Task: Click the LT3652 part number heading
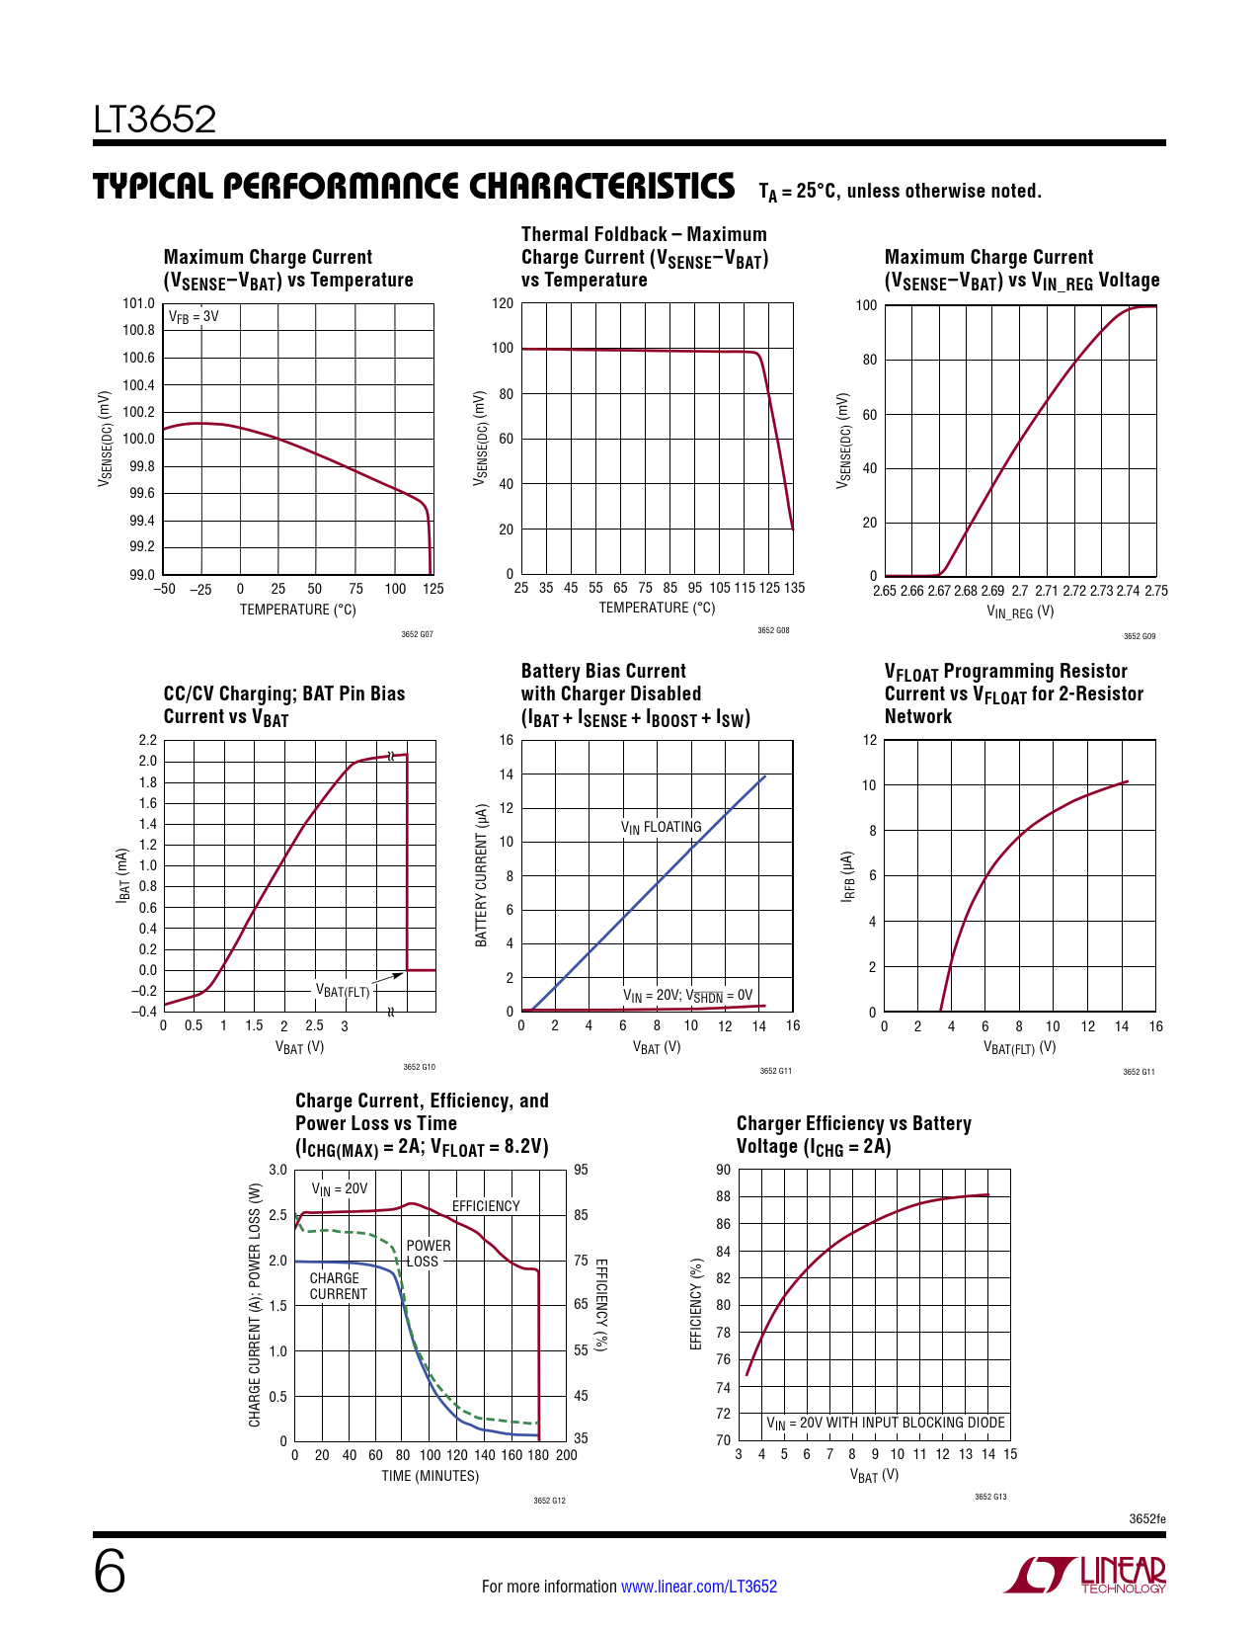(155, 120)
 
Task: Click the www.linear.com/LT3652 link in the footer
(698, 1587)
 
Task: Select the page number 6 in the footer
(110, 1573)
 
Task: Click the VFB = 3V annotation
(194, 317)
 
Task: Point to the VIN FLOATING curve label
(661, 827)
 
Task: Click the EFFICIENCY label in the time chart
(486, 1206)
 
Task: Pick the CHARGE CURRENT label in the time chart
(338, 1286)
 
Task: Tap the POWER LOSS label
(428, 1254)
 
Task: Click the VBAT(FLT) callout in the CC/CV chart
(343, 991)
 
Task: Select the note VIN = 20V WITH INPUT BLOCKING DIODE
(886, 1424)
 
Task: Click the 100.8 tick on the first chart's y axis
(139, 331)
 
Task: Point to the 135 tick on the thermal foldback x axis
(794, 588)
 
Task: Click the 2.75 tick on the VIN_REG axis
(1155, 591)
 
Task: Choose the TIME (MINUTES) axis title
(431, 1476)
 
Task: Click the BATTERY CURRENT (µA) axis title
(482, 875)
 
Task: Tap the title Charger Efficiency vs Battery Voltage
(853, 1135)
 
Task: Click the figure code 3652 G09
(1139, 636)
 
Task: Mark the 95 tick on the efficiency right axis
(581, 1171)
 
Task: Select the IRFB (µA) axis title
(847, 876)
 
